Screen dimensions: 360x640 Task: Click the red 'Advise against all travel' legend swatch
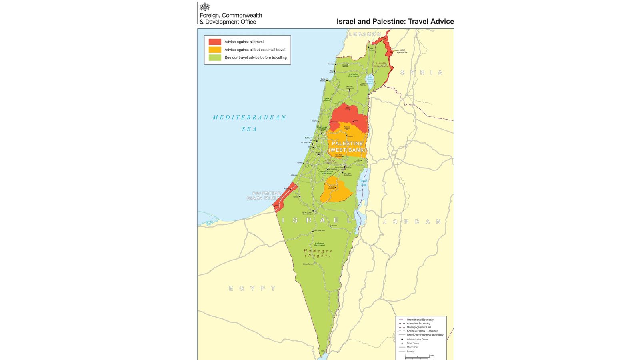pos(215,42)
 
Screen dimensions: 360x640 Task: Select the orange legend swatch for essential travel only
pos(215,50)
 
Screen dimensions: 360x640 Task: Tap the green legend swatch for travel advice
pos(215,58)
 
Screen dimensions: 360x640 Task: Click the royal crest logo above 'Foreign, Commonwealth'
pos(205,7)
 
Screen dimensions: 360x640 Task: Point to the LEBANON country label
pos(365,34)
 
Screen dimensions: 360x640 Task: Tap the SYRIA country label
pos(422,72)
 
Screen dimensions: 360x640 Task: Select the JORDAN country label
pos(412,222)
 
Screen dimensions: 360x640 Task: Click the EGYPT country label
pos(252,288)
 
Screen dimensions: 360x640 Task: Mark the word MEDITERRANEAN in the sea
pos(249,118)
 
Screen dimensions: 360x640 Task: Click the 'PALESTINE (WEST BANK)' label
pos(347,147)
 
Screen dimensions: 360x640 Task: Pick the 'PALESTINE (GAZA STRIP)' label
pos(265,196)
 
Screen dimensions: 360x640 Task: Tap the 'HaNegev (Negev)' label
pos(318,253)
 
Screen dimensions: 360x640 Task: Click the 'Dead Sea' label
pos(363,182)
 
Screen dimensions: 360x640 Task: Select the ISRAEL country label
pos(317,220)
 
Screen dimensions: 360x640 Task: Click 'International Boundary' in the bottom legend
pos(420,320)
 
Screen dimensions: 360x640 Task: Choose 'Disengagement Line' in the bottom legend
pos(419,327)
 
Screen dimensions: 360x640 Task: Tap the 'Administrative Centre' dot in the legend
pos(402,339)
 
